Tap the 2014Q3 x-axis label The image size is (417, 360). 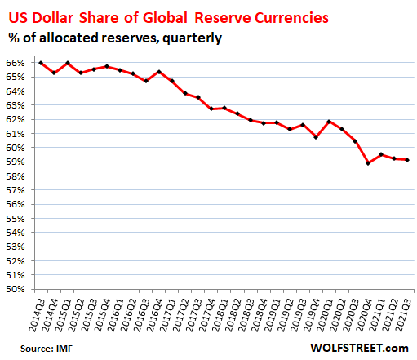[x=36, y=315]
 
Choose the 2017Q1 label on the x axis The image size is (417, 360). [x=171, y=315]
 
